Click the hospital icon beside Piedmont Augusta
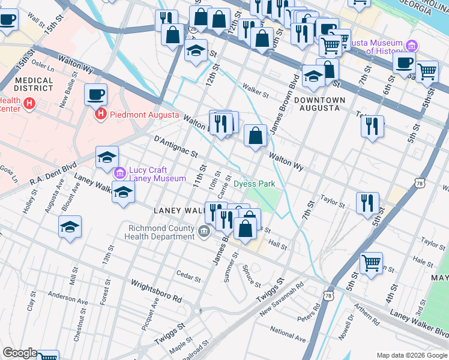[x=101, y=113]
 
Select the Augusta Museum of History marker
[x=412, y=46]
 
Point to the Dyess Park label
[x=254, y=184]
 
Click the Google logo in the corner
[x=19, y=353]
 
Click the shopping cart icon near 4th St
[x=371, y=262]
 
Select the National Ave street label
[x=288, y=330]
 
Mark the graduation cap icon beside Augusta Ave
[x=70, y=227]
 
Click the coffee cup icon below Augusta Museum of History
[x=405, y=62]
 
